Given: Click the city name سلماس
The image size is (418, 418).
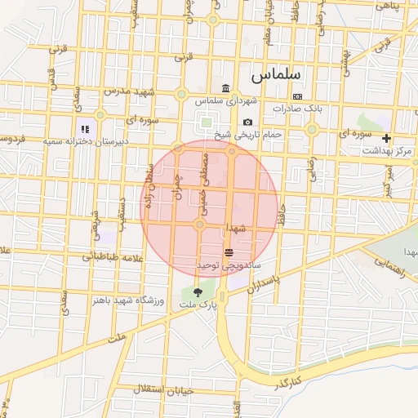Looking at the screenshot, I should pyautogui.click(x=275, y=74).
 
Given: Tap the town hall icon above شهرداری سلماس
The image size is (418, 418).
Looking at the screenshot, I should pyautogui.click(x=226, y=89).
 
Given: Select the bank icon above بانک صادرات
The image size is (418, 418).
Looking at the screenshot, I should pyautogui.click(x=297, y=96).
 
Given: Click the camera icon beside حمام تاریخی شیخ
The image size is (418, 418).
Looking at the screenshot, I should pyautogui.click(x=247, y=122).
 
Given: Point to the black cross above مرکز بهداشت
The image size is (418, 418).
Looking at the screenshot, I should pyautogui.click(x=386, y=139).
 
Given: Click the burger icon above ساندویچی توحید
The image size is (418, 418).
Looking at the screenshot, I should pyautogui.click(x=229, y=253).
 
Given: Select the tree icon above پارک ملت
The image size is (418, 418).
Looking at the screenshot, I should pyautogui.click(x=198, y=291).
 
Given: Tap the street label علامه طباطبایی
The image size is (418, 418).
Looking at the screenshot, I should pyautogui.click(x=113, y=256).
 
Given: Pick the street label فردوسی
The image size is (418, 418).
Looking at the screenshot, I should pyautogui.click(x=11, y=139).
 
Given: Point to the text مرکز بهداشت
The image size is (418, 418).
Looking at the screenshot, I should pyautogui.click(x=389, y=151).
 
